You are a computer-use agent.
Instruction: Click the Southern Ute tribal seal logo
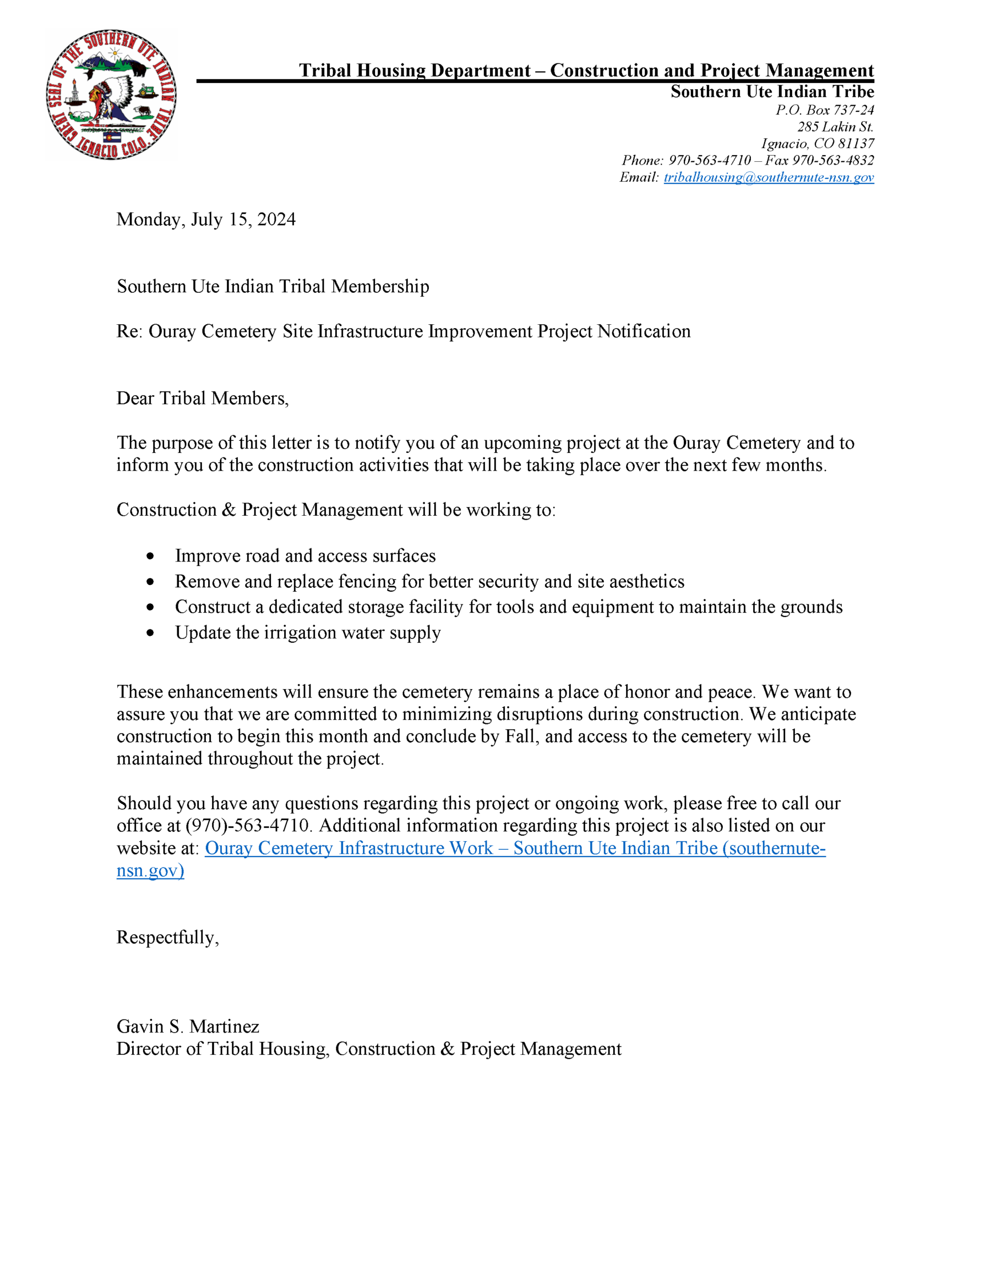[x=111, y=95]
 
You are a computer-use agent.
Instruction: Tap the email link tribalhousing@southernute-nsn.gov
[x=769, y=177]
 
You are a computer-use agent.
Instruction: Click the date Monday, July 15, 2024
[x=205, y=220]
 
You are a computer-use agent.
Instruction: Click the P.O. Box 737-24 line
[x=824, y=110]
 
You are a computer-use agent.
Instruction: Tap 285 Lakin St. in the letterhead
[x=835, y=127]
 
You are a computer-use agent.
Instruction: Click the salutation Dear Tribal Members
[x=202, y=398]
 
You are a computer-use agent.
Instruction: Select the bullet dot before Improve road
[x=151, y=556]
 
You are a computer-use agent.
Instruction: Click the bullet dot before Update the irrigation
[x=151, y=633]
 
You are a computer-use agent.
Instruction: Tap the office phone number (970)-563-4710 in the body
[x=247, y=825]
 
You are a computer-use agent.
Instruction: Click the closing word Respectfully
[x=167, y=937]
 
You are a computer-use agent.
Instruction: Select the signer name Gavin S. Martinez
[x=188, y=1027]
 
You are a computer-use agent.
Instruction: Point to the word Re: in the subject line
[x=129, y=332]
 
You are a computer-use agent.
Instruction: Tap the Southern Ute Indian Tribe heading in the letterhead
[x=772, y=92]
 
